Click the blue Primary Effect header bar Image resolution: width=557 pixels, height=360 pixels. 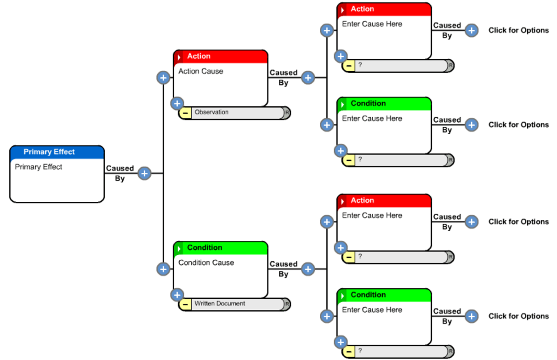pos(57,152)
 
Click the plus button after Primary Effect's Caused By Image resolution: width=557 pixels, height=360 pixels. pos(144,173)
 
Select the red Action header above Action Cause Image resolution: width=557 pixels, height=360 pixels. pos(221,57)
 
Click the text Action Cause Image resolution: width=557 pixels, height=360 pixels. pos(201,71)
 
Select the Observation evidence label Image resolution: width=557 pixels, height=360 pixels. pos(211,112)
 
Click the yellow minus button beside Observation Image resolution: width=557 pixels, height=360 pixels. pos(185,113)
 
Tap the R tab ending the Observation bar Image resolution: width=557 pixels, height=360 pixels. pos(287,113)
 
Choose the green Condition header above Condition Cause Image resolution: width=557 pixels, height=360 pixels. pos(221,248)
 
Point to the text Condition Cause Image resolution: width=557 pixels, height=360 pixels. pos(206,263)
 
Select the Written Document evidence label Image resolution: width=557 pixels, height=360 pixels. pos(220,303)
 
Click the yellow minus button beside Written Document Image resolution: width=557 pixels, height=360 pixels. pos(185,304)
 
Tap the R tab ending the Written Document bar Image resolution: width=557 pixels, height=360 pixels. pos(287,304)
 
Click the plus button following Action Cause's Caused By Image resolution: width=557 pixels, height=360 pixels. pos(308,78)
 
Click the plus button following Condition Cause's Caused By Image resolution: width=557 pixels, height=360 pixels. pos(308,269)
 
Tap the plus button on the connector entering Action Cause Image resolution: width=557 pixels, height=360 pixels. pos(163,78)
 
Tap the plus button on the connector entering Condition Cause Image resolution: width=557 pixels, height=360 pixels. pos(163,269)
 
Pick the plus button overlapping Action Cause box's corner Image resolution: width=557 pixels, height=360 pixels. pos(177,103)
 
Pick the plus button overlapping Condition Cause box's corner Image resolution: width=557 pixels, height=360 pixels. pos(177,295)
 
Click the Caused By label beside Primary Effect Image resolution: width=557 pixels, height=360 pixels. pos(120,173)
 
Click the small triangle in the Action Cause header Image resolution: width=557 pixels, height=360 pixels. pos(179,57)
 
